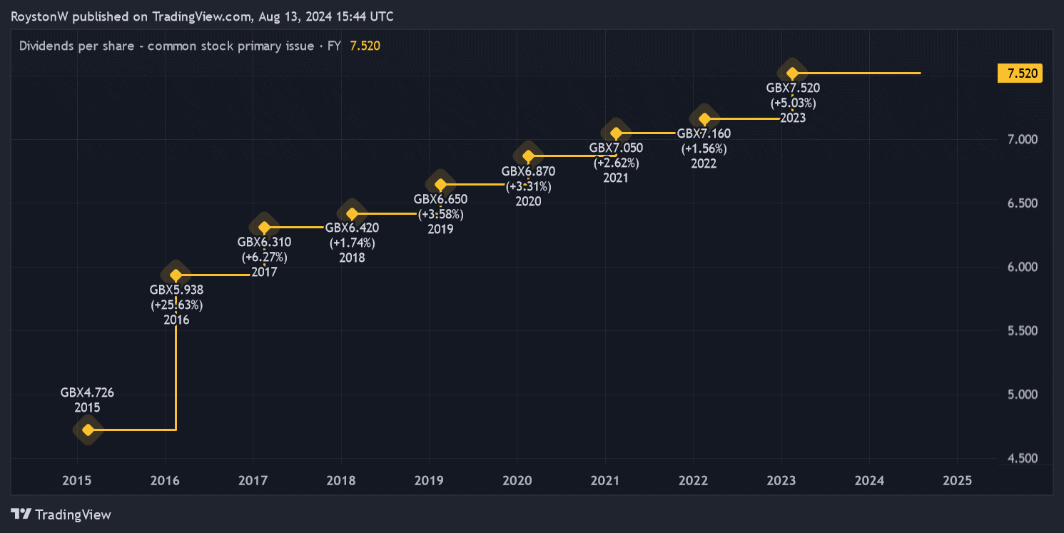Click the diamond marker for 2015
click(88, 430)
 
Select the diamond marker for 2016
click(176, 275)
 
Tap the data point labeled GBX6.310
click(264, 228)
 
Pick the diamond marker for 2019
click(440, 185)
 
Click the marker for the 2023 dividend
click(792, 73)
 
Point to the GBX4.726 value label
click(87, 392)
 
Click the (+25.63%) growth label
click(176, 305)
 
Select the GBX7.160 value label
click(704, 133)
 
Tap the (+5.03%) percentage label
click(793, 103)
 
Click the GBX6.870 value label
click(528, 171)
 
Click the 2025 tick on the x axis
click(957, 481)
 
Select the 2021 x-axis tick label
click(604, 481)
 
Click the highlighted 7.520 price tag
click(1020, 73)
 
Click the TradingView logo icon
click(21, 514)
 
